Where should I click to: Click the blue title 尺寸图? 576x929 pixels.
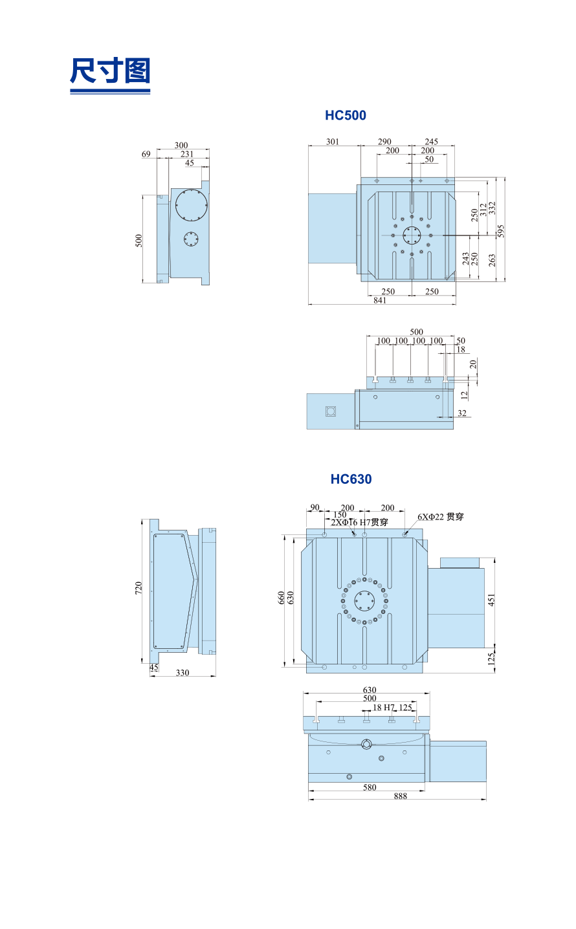click(x=110, y=71)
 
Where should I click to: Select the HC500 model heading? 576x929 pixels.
click(x=345, y=115)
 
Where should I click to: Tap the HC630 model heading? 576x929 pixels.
click(x=351, y=479)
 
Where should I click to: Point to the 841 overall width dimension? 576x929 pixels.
click(x=380, y=300)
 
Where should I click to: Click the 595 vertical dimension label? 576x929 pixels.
click(x=501, y=231)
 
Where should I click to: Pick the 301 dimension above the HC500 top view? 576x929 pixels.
click(x=333, y=142)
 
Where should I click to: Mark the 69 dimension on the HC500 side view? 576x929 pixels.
click(x=146, y=154)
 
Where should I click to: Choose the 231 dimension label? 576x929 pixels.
click(x=187, y=154)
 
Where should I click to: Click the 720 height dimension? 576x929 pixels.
click(x=138, y=587)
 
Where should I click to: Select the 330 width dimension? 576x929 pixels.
click(x=183, y=673)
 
